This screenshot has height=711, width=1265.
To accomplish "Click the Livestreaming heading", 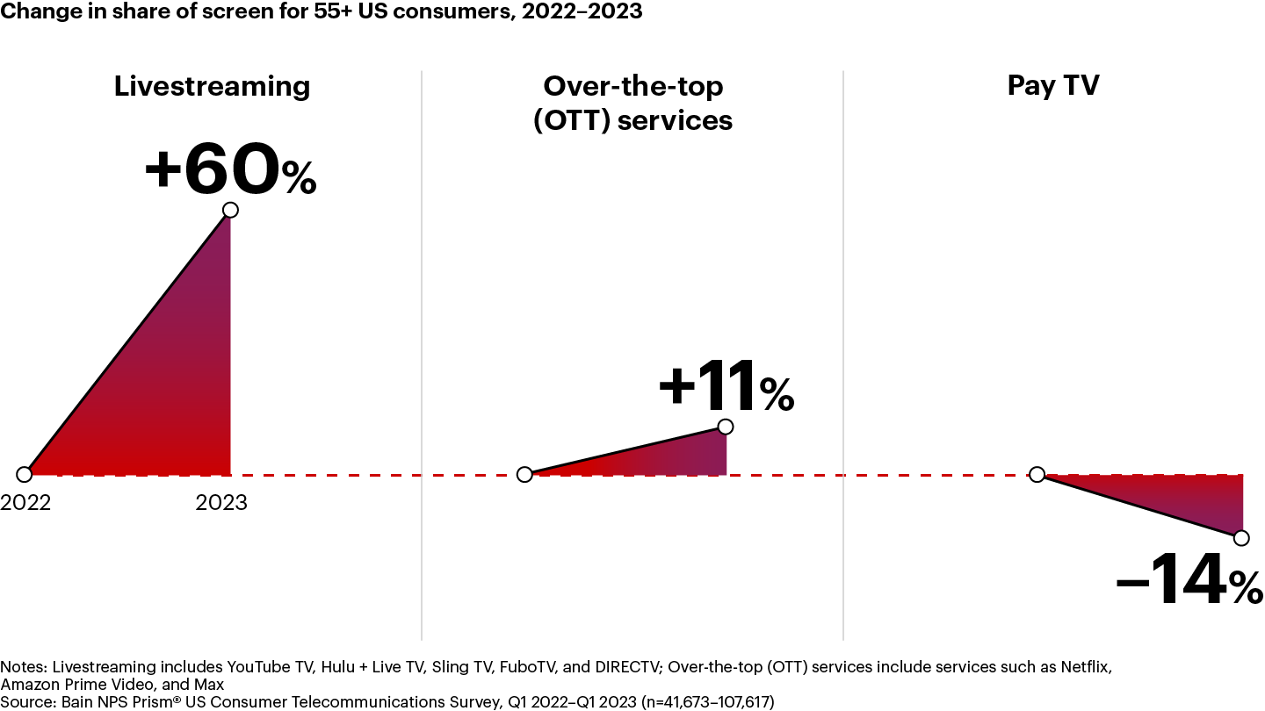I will [212, 86].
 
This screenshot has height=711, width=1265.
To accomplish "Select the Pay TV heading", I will [1052, 86].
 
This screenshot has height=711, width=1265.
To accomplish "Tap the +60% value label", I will [229, 170].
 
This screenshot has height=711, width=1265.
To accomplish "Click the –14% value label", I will [1189, 581].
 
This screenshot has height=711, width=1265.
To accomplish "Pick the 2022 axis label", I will [25, 503].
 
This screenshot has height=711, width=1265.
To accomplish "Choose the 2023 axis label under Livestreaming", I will [221, 503].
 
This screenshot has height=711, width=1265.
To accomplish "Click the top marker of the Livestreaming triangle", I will [230, 210].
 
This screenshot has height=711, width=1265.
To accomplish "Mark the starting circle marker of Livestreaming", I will [25, 475].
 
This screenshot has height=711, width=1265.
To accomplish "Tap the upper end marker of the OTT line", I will [725, 427].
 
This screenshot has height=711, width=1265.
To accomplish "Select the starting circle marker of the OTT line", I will [524, 475].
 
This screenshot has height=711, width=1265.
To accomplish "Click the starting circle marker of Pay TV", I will [1037, 475].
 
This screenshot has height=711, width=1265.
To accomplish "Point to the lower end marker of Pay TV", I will [1240, 537].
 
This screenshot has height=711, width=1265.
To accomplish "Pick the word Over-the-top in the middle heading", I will [632, 86].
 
